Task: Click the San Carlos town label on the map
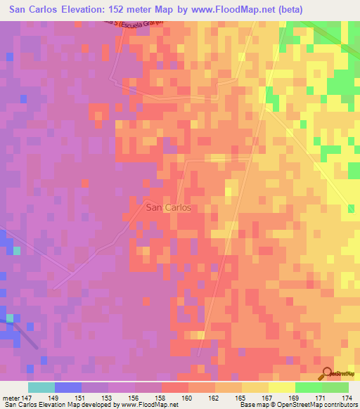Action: pos(169,208)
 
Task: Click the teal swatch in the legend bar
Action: pos(41,387)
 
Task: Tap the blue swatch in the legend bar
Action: pos(68,387)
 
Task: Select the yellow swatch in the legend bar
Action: pos(282,387)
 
